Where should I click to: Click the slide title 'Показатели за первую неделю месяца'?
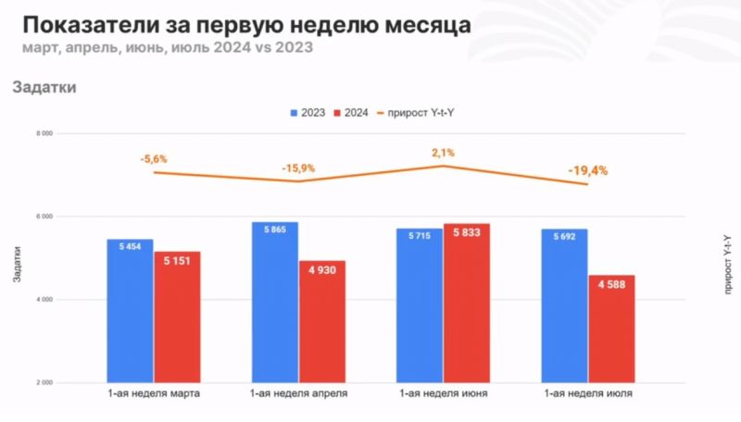[x=245, y=23]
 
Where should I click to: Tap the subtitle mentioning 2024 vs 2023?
[x=165, y=47]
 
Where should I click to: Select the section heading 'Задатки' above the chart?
[x=44, y=88]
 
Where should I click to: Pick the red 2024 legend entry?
[x=353, y=112]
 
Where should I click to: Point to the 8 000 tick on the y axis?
[x=42, y=133]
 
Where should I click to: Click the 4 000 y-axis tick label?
[x=42, y=300]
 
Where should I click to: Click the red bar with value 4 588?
[x=611, y=329]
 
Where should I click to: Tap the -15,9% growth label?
[x=299, y=168]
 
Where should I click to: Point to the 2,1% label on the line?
[x=443, y=153]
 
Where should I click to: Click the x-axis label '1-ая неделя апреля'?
[x=298, y=394]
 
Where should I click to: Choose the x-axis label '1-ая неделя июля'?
[x=588, y=394]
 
